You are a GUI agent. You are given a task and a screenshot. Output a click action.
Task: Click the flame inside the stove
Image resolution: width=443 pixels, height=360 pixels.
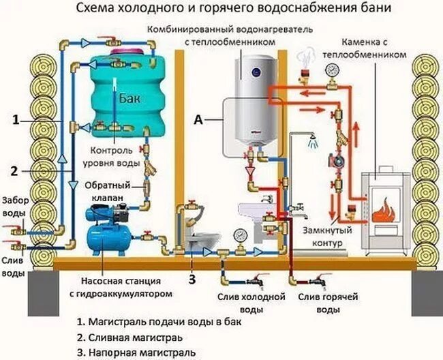pyautogui.click(x=387, y=206)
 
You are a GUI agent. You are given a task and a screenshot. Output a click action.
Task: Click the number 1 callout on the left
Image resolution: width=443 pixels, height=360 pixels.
pyautogui.click(x=15, y=119)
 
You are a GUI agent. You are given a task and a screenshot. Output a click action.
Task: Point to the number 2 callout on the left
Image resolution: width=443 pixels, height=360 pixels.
pyautogui.click(x=15, y=170)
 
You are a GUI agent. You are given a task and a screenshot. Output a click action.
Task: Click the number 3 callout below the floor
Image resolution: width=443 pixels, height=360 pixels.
pyautogui.click(x=192, y=277)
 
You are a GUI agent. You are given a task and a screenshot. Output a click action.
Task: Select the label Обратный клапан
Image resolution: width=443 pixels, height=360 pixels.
pyautogui.click(x=104, y=191)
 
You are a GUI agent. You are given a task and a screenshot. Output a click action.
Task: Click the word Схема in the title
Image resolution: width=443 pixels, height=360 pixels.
pyautogui.click(x=95, y=10)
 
